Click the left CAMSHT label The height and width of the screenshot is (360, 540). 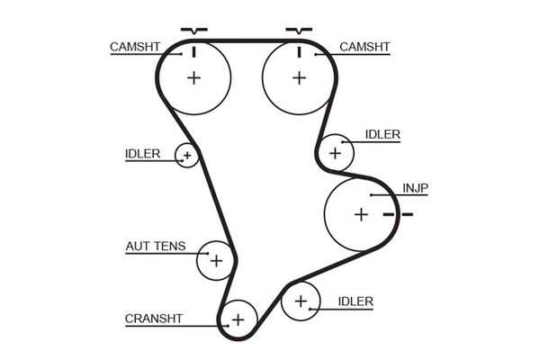pos(135,46)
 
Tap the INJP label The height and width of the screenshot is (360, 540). pos(416,188)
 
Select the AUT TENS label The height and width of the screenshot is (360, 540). pos(155,245)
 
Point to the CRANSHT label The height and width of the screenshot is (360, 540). pos(153,318)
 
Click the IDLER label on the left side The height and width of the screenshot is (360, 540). pos(142,153)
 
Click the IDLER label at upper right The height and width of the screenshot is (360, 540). pos(382,135)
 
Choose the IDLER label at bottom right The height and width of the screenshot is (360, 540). pos(355,301)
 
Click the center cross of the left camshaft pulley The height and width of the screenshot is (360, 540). pos(193,77)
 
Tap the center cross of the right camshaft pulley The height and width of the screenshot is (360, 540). pos(299,77)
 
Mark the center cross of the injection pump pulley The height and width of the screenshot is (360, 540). pos(361,214)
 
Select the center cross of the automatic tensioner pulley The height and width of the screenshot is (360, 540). pos(216,261)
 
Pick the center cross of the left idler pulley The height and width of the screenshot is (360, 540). pos(186,156)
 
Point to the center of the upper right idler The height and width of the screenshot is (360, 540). pos(336,153)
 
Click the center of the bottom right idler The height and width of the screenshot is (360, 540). pos(300,301)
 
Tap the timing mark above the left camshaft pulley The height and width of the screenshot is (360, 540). pos(193,31)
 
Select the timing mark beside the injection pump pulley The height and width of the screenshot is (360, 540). pos(397,214)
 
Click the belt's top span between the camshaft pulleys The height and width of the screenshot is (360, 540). pos(246,40)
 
